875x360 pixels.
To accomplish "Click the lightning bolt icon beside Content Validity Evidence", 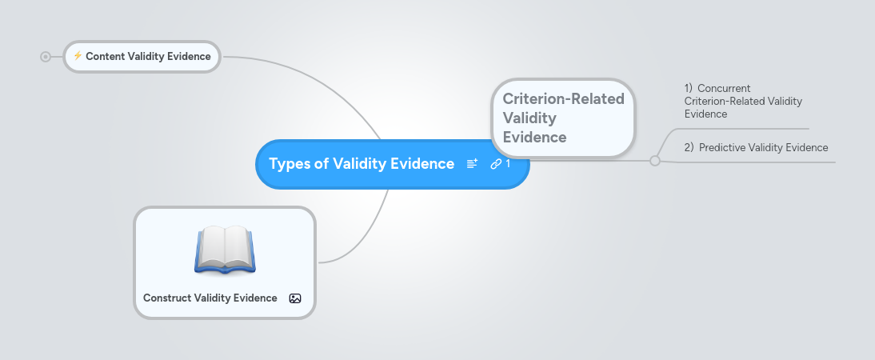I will [78, 56].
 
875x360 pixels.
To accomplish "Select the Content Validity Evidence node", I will [148, 57].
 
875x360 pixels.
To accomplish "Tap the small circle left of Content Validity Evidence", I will [46, 57].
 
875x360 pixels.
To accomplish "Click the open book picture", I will [224, 249].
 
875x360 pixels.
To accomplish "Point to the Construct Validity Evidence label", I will [210, 298].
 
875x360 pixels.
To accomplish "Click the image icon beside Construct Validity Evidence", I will [295, 298].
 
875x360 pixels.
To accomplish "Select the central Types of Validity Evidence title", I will [362, 164].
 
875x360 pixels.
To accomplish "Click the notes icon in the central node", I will [472, 164].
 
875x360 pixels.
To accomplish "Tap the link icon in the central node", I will [495, 164].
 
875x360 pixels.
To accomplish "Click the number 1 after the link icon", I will [508, 164].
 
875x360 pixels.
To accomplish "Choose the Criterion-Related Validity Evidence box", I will [563, 118].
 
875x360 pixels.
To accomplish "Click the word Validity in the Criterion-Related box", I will [529, 118].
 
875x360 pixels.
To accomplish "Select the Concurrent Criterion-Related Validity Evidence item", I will [743, 101].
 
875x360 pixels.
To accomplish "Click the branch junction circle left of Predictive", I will [655, 161].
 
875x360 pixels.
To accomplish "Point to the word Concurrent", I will [724, 88].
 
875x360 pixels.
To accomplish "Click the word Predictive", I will [723, 147].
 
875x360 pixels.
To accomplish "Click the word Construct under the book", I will [166, 298].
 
